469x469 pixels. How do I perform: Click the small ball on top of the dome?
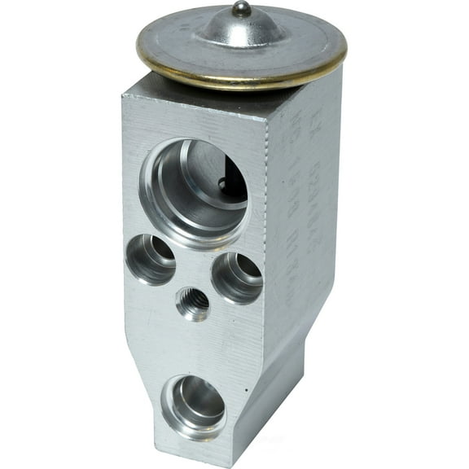coord(241,9)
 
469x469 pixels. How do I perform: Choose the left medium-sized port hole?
coord(152,259)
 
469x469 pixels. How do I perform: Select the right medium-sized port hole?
coord(237,278)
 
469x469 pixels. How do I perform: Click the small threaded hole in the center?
coord(193,305)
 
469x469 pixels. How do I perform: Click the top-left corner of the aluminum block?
coord(123,96)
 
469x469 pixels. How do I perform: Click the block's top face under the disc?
coord(163,90)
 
